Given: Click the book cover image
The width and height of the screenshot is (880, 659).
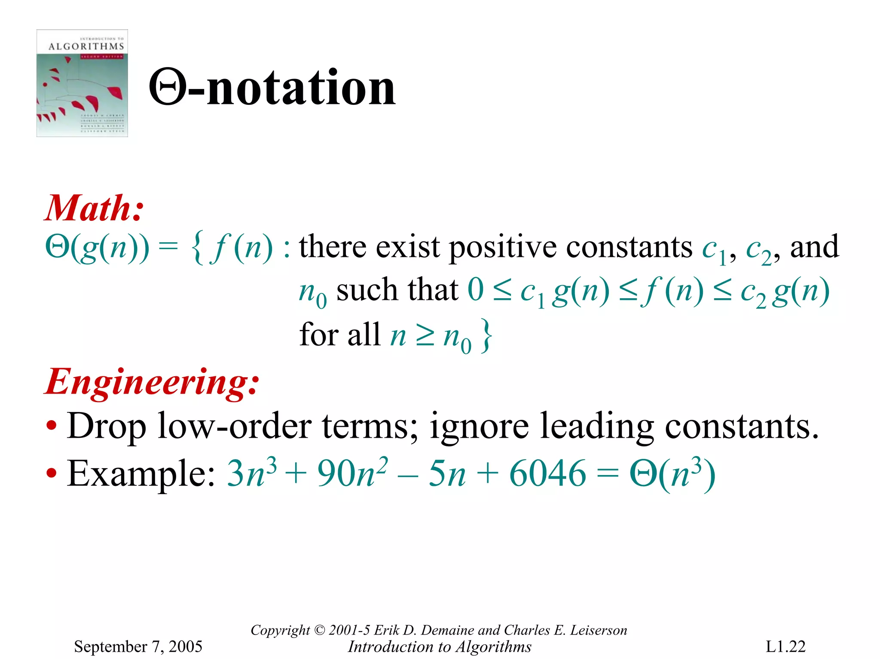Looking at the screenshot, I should click(x=82, y=83).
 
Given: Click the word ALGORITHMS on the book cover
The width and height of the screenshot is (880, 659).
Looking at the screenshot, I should click(x=86, y=46).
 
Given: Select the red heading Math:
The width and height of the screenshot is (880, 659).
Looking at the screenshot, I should click(x=94, y=209).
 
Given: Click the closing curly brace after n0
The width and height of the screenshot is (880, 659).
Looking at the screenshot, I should click(x=486, y=336).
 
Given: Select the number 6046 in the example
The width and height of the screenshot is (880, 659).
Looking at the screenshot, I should click(x=547, y=474).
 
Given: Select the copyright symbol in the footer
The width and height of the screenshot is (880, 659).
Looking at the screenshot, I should click(x=319, y=630).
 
